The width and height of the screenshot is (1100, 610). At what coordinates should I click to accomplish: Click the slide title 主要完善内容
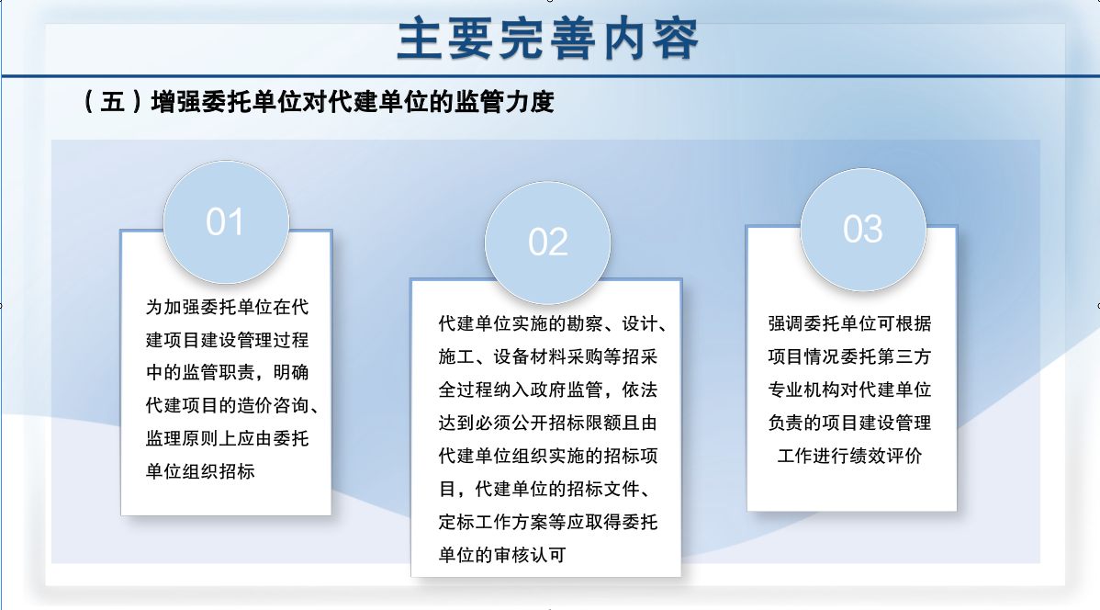pos(548,40)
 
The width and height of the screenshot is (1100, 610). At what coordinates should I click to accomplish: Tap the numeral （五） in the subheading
pos(114,103)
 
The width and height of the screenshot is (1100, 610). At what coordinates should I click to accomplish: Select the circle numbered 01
pos(226,221)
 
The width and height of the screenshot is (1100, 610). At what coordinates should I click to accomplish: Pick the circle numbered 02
pos(548,243)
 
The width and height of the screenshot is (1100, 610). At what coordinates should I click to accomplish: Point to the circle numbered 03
pos(863,230)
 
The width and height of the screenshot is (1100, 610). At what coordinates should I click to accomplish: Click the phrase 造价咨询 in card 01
pos(274,406)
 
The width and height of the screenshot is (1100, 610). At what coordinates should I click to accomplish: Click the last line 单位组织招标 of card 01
pos(201,471)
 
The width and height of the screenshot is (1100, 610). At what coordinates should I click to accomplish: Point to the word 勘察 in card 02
pos(584,323)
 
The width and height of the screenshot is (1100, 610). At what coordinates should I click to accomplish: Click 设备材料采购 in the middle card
pos(548,356)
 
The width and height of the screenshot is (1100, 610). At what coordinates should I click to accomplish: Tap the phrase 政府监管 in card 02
pos(567,390)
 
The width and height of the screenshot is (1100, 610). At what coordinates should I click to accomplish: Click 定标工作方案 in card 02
pos(493,522)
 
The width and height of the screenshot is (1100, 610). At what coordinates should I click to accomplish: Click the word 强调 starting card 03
pos(786,323)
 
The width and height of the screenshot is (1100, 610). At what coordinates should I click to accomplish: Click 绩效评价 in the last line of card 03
pos(886,456)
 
